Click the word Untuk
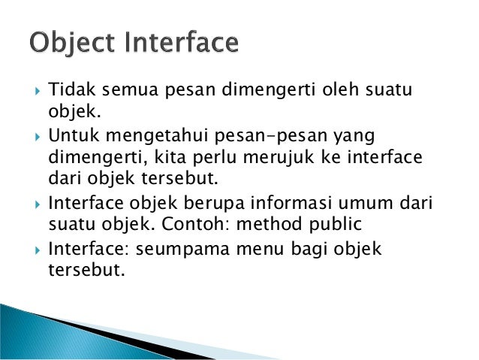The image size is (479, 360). click(73, 136)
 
